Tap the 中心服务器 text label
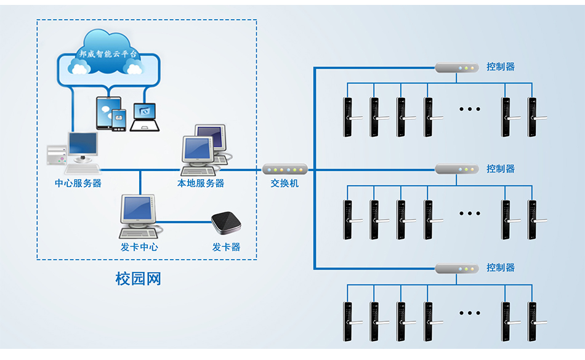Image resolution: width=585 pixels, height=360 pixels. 78,183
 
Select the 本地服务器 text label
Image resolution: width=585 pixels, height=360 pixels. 201,183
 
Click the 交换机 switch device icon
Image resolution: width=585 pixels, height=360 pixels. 284,169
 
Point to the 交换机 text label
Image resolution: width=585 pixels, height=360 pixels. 284,183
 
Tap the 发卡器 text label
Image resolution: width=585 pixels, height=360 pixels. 226,247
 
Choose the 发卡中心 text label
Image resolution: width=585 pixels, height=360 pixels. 139,247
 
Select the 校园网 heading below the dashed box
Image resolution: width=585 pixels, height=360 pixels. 139,279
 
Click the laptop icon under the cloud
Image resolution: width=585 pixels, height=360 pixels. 145,117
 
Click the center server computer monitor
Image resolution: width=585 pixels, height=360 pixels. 82,145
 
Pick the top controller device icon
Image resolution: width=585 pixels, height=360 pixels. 457,67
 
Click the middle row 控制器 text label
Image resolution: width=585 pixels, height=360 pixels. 501,169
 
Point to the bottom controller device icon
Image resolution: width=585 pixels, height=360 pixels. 457,268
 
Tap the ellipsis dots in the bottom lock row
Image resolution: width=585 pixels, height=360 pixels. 470,313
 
